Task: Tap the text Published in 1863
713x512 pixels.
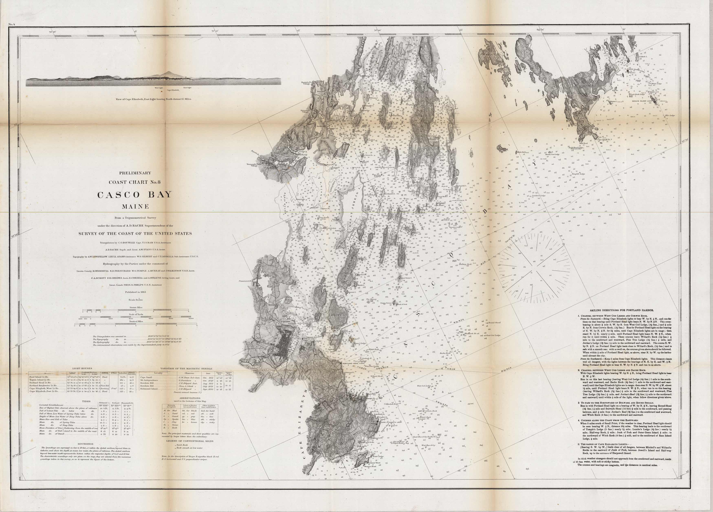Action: click(x=135, y=292)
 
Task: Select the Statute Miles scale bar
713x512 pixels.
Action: click(x=135, y=311)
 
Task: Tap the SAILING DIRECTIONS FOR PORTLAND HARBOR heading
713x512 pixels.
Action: click(x=624, y=310)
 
